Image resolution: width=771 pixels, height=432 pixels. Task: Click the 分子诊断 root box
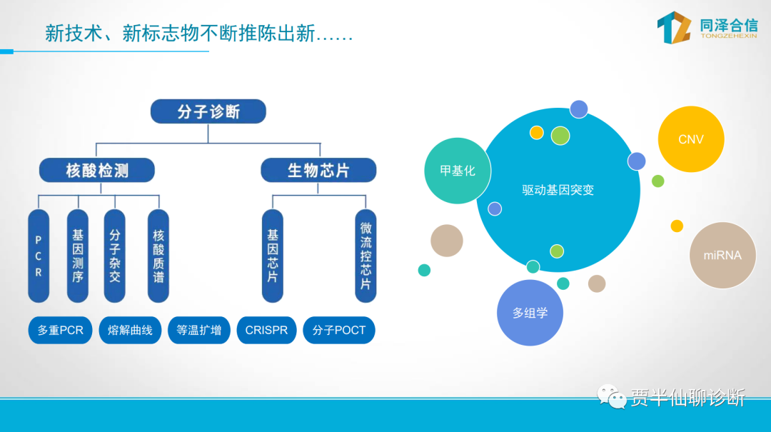(x=208, y=112)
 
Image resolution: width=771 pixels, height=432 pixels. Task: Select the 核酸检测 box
(x=96, y=170)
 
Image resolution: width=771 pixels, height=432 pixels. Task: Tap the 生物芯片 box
(x=318, y=170)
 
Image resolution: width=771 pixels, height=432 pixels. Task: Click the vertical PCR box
(x=39, y=256)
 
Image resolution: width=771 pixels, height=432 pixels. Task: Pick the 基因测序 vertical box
(x=77, y=256)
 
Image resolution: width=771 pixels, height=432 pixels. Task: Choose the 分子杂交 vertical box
(x=115, y=256)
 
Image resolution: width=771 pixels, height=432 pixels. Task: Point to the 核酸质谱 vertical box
(x=158, y=256)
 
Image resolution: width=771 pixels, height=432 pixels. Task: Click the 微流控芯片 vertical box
(x=366, y=256)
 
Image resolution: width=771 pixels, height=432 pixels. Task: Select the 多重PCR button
(x=61, y=331)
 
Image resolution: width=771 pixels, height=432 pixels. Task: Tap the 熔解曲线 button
(x=130, y=331)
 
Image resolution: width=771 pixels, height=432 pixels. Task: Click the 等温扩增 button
(x=198, y=331)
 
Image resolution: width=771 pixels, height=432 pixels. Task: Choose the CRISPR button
(x=266, y=331)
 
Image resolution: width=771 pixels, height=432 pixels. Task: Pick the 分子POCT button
(x=339, y=331)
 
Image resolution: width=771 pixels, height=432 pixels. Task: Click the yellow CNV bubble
(x=690, y=139)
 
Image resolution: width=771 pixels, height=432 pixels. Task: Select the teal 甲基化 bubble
(x=457, y=171)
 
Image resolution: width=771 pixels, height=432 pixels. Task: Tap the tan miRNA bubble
(x=722, y=255)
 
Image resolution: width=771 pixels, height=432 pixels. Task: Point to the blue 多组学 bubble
(x=530, y=313)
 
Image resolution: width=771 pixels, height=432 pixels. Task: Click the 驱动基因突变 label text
(x=558, y=190)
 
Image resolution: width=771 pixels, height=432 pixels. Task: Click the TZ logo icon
(x=674, y=27)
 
